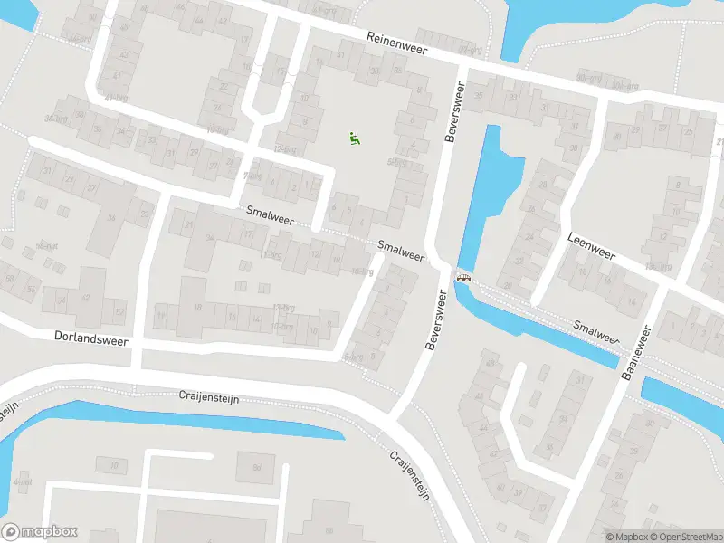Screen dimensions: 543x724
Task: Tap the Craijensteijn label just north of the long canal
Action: point(207,397)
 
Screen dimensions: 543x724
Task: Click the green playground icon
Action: point(355,138)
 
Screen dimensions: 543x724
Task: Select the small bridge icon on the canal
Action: point(464,278)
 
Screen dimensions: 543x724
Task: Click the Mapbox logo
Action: point(40,532)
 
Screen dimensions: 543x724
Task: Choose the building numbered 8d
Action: point(257,468)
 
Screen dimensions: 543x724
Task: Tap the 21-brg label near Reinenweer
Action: point(467,50)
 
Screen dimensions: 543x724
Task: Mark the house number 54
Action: point(61,300)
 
